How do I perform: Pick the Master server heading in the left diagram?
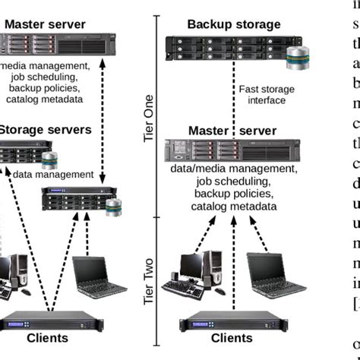click(x=45, y=24)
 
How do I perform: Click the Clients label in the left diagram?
click(x=47, y=338)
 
